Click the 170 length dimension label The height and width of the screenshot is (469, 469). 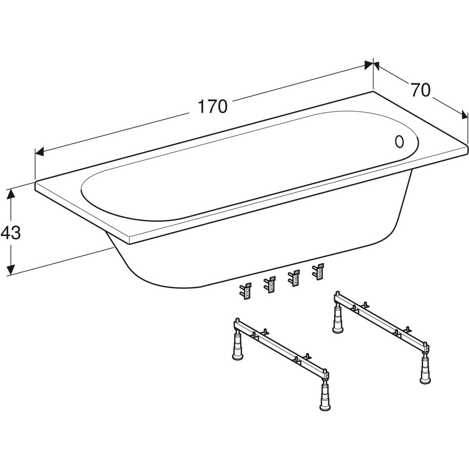(x=213, y=106)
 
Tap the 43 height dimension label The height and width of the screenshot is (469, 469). (x=11, y=233)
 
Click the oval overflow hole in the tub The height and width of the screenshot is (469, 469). (x=399, y=141)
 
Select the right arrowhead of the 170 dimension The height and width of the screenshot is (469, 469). (x=369, y=65)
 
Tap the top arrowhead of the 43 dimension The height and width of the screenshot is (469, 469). (x=11, y=195)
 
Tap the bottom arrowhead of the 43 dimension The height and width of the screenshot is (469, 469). (x=11, y=270)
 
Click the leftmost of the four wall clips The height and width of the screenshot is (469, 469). (x=245, y=291)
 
